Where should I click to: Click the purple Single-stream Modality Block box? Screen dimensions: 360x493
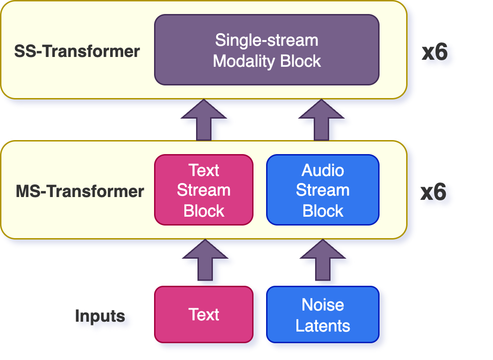tap(267, 50)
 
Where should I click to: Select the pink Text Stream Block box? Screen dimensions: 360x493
tap(204, 190)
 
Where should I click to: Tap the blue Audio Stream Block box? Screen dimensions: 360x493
tap(323, 190)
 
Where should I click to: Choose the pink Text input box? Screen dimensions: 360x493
tap(204, 314)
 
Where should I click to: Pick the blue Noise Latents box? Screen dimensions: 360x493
tap(323, 315)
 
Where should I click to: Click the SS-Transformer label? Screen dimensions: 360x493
tap(77, 51)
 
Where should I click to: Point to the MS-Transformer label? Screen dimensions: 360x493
tap(80, 191)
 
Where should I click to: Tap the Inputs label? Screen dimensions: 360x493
tap(100, 316)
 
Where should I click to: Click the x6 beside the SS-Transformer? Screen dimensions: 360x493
tap(435, 52)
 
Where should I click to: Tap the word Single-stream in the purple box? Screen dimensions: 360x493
tap(267, 40)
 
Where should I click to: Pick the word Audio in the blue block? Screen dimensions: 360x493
tap(323, 170)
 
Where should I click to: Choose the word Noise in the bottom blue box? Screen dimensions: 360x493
tap(323, 305)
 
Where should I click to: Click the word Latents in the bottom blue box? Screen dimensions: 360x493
tap(323, 325)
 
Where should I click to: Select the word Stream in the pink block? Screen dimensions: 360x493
tap(204, 191)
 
